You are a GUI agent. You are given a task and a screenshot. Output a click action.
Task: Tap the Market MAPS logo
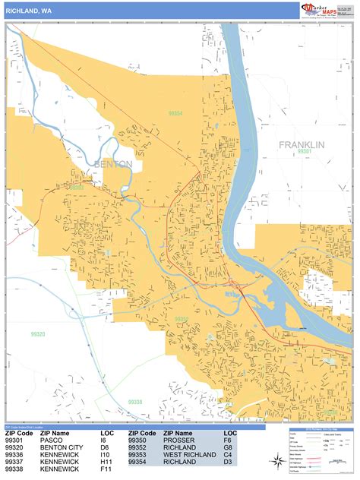[324, 10]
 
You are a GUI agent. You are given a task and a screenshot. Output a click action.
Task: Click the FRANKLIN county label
[301, 144]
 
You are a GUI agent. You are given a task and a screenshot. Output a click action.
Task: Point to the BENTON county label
[113, 163]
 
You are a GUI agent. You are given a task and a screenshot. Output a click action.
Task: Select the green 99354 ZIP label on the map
[175, 113]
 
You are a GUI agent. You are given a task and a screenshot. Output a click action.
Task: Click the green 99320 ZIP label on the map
[37, 334]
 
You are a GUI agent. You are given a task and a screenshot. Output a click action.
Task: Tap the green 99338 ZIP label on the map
[135, 402]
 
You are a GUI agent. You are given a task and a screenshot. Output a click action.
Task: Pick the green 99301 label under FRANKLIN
[304, 152]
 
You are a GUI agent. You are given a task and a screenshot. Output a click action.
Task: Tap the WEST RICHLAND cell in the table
[189, 455]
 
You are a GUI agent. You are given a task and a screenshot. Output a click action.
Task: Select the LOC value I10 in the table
[105, 455]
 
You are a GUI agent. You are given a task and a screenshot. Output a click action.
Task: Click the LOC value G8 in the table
[227, 448]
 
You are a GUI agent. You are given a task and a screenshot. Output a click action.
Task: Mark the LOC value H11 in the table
[106, 463]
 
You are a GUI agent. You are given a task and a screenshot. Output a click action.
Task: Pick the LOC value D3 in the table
[227, 463]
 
